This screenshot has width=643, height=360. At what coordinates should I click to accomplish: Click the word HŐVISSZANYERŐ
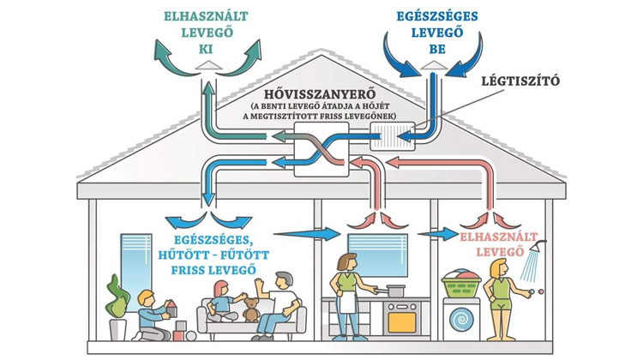320,94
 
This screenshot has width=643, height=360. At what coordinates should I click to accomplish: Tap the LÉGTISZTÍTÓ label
520,81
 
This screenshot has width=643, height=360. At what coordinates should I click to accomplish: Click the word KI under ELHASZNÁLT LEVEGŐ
207,49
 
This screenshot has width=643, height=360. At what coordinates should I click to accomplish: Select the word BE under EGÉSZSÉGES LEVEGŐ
437,49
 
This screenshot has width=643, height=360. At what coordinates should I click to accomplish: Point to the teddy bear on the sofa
250,309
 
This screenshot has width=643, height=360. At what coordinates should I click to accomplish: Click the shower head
538,246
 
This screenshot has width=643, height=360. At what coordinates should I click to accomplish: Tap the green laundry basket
461,284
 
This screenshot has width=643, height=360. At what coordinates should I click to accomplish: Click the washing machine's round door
462,320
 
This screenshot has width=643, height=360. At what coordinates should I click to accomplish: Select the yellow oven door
401,322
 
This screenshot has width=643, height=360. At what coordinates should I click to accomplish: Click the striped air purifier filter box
393,136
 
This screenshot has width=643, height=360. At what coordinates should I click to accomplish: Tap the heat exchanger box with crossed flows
321,149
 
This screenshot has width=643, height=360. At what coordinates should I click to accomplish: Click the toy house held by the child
171,309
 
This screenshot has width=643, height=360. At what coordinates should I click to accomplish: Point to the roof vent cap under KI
208,65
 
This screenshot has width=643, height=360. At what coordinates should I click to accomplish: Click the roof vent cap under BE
435,65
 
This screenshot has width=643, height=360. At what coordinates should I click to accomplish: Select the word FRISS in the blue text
188,270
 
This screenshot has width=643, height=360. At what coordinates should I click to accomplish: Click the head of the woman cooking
346,261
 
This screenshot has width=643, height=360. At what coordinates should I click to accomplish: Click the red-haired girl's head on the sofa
221,288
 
